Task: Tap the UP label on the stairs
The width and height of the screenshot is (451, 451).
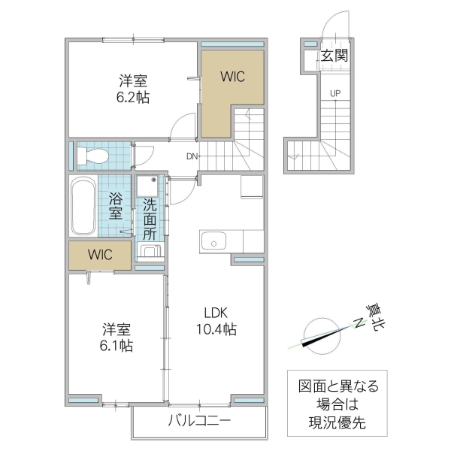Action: pos(334,94)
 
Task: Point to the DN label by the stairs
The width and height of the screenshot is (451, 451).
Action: pos(193,157)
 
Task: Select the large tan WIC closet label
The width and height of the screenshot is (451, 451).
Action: pos(232,76)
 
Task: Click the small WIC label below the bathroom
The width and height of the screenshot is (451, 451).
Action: pos(99,255)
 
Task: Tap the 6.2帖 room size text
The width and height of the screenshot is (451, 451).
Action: pos(132,96)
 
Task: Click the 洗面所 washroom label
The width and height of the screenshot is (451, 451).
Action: pos(150,217)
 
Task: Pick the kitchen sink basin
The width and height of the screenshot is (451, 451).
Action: pos(216,241)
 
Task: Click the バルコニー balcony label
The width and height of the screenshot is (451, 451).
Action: pos(198,419)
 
